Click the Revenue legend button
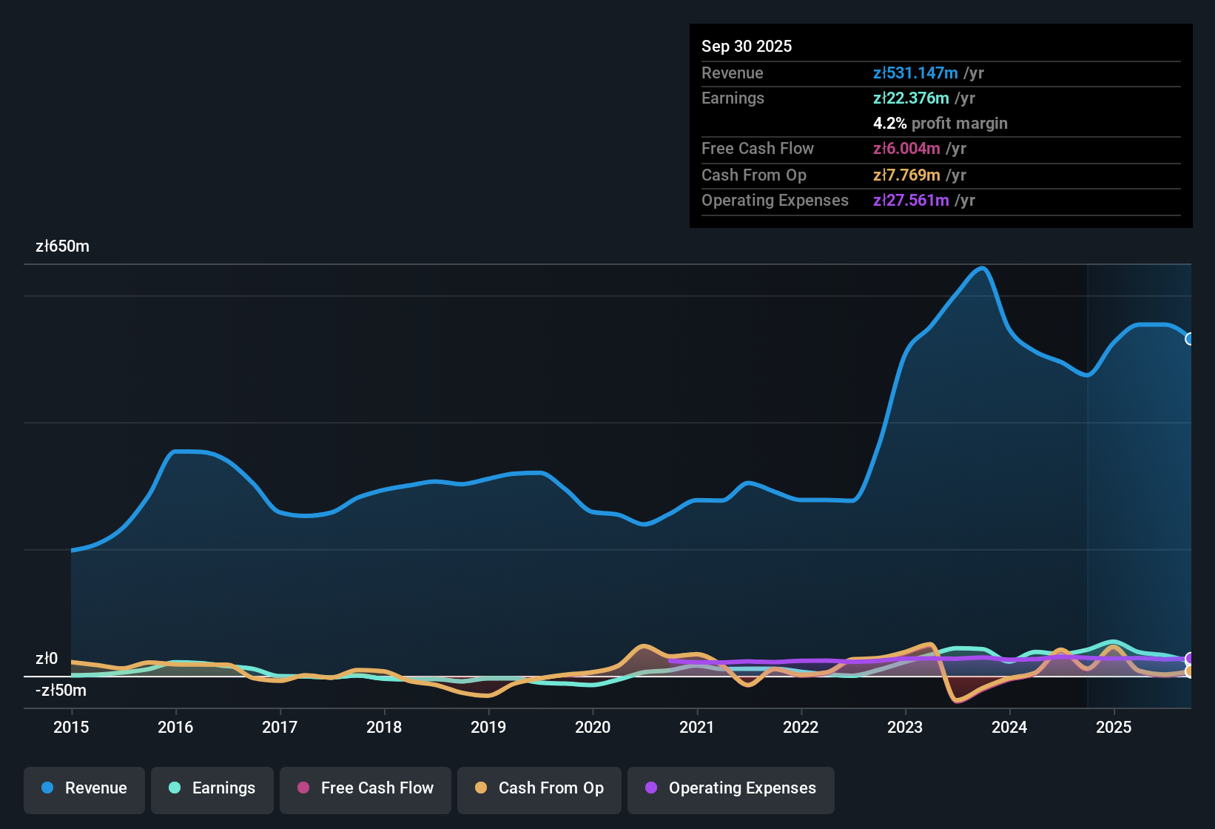pyautogui.click(x=84, y=788)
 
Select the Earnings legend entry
pyautogui.click(x=212, y=788)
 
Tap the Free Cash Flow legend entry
pyautogui.click(x=366, y=788)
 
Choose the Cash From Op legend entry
pyautogui.click(x=539, y=788)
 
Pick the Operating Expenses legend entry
pyautogui.click(x=731, y=788)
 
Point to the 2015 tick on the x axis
pyautogui.click(x=71, y=727)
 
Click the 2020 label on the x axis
pyautogui.click(x=593, y=727)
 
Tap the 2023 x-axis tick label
pyautogui.click(x=905, y=727)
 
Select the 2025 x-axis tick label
pyautogui.click(x=1114, y=727)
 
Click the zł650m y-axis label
pyautogui.click(x=62, y=246)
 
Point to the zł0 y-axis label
pyautogui.click(x=47, y=659)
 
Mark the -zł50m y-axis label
pyautogui.click(x=61, y=691)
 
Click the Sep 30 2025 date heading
pyautogui.click(x=747, y=46)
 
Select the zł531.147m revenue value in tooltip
pyautogui.click(x=915, y=73)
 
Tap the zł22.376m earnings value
pyautogui.click(x=911, y=98)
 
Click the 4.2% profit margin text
pyautogui.click(x=940, y=123)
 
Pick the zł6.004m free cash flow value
pyautogui.click(x=906, y=148)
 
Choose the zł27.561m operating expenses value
pyautogui.click(x=911, y=200)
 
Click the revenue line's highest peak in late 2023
pyautogui.click(x=983, y=269)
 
